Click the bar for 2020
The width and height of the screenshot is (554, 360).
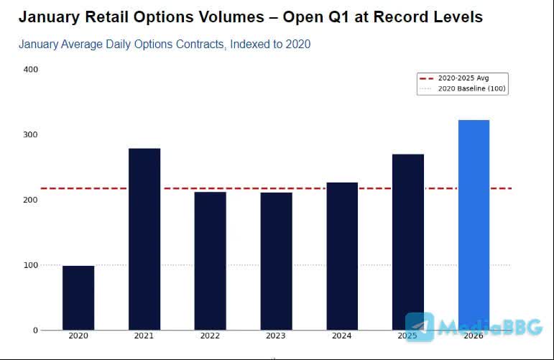(x=78, y=297)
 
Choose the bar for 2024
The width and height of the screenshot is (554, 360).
(x=342, y=256)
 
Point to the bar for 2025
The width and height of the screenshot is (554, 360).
(x=408, y=241)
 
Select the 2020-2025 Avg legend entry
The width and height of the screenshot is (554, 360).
(x=463, y=78)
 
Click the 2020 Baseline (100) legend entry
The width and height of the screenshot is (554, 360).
(x=463, y=88)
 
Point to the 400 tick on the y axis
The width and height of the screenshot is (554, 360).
(x=31, y=69)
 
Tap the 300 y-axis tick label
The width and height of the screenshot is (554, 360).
(x=31, y=134)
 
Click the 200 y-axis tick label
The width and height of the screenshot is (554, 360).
(x=31, y=200)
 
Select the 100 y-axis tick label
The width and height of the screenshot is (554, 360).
(x=31, y=265)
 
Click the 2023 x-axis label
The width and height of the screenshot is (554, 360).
(x=276, y=336)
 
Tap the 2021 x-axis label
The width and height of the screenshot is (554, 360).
(x=144, y=336)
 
